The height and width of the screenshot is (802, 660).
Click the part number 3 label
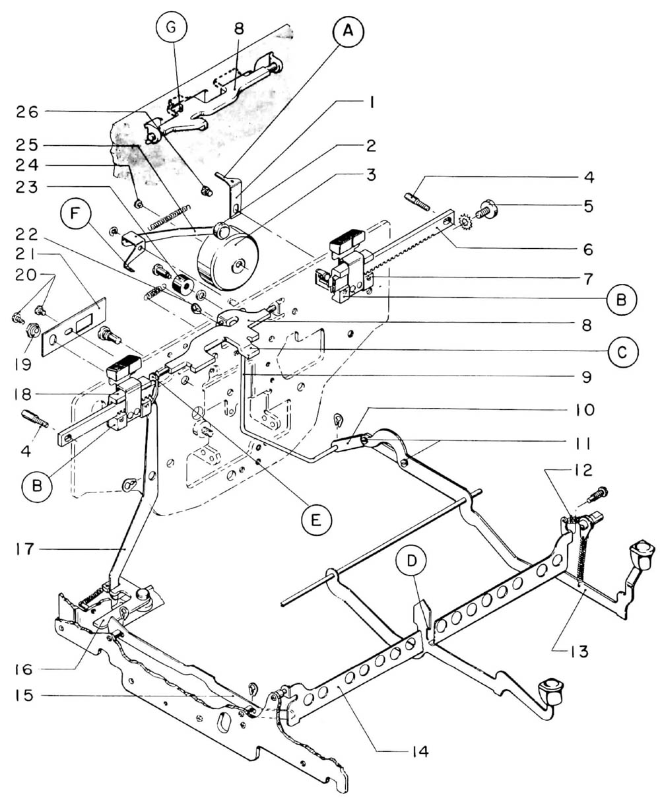click(x=372, y=175)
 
